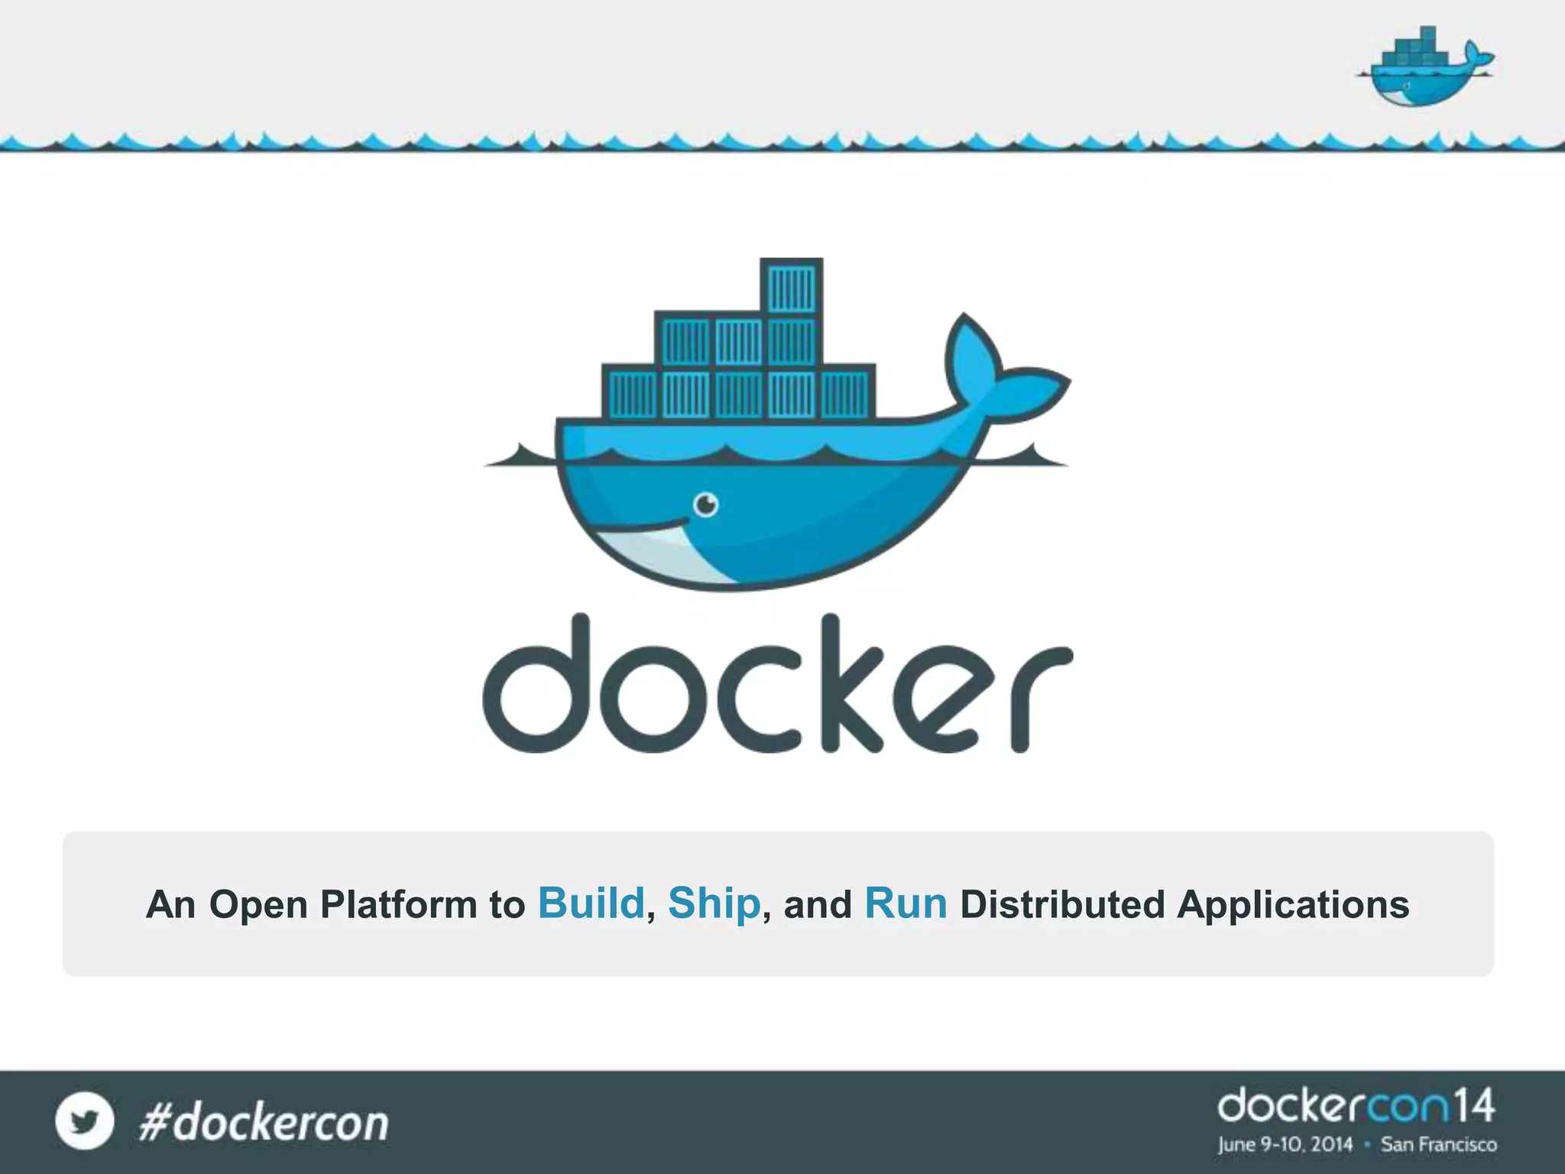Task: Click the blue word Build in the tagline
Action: coord(591,903)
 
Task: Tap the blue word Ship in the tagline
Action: coord(714,903)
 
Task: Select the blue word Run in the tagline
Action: coord(906,903)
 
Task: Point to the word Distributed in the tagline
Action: coord(1062,904)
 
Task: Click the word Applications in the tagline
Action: coord(1293,905)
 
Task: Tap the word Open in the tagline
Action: coord(259,905)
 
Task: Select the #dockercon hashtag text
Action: coord(264,1123)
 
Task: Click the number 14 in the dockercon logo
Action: coord(1473,1106)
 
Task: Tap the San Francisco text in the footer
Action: coord(1439,1144)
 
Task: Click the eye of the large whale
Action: coord(705,504)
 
